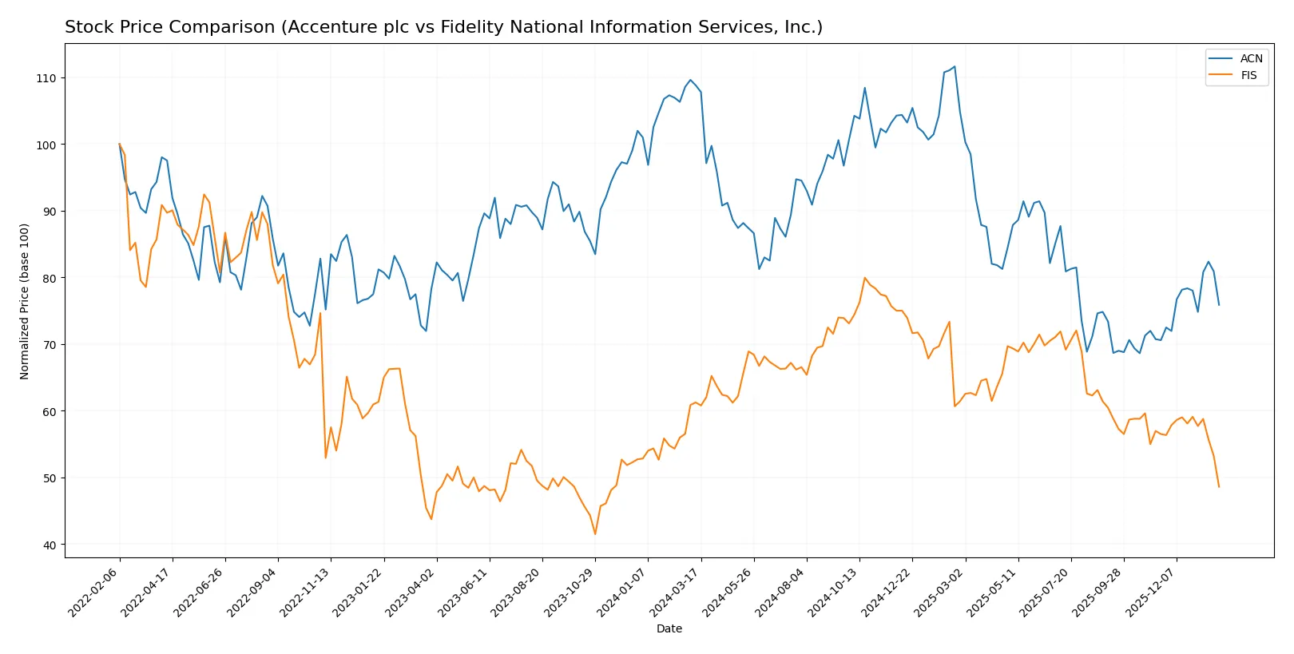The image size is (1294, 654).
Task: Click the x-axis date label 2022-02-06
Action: point(94,593)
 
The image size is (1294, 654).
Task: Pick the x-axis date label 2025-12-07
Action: point(1151,593)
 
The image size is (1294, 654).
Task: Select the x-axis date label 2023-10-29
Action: point(570,593)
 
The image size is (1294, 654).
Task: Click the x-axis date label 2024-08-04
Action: point(781,593)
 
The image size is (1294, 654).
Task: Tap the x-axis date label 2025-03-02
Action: point(939,593)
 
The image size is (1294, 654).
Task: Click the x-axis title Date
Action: point(669,629)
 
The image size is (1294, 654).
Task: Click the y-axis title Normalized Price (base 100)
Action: point(25,301)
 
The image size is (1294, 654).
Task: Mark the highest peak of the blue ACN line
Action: point(955,66)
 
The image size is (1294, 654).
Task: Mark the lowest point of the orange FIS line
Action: point(595,533)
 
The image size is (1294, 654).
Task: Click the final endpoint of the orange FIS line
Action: point(1219,486)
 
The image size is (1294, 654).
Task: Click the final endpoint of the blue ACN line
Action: point(1219,304)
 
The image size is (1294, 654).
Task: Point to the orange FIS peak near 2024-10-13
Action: point(864,278)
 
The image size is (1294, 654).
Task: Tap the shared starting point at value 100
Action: point(120,145)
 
